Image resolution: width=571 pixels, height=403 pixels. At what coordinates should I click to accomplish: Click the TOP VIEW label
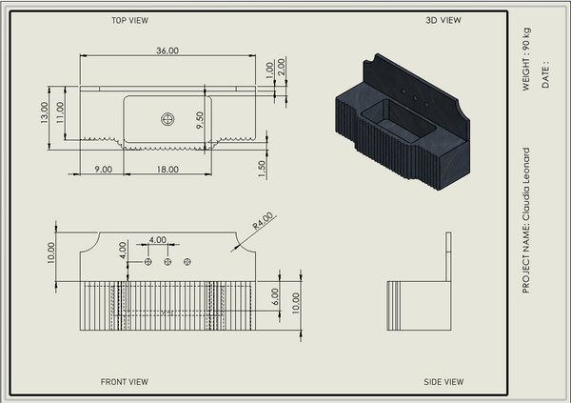(130, 20)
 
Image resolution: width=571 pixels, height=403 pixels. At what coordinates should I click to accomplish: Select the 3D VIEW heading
(443, 20)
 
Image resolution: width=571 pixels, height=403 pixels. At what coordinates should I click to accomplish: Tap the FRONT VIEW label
(124, 382)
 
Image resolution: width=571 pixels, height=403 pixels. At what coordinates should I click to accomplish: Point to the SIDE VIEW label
(443, 382)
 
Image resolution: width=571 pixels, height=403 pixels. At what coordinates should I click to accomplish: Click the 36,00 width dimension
(167, 50)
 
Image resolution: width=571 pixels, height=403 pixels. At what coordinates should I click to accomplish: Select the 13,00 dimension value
(44, 112)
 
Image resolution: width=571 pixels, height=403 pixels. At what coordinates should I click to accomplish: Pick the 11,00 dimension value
(60, 112)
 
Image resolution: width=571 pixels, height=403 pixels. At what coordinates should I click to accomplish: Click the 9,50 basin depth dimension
(200, 120)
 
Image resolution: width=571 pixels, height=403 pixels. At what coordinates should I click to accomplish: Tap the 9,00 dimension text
(104, 170)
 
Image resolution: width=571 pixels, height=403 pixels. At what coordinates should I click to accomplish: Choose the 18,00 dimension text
(167, 170)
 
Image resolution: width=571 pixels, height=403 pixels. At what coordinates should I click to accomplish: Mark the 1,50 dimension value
(262, 169)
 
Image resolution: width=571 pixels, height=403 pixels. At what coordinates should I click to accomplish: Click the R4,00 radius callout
(263, 221)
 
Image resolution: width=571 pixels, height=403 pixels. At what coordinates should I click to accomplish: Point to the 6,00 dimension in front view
(275, 296)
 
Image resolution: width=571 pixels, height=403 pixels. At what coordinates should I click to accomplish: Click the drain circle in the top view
(167, 119)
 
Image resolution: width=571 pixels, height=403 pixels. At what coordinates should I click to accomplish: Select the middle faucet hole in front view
(167, 261)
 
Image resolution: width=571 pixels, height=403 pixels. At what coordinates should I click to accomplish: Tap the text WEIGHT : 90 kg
(526, 59)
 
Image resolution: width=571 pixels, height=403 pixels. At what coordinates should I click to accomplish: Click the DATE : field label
(545, 74)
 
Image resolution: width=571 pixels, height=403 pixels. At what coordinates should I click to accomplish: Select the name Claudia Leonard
(526, 184)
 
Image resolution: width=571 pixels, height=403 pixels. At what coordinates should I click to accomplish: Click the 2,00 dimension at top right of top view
(281, 67)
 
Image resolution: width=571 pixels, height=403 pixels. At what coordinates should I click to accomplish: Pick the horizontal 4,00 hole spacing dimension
(158, 240)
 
